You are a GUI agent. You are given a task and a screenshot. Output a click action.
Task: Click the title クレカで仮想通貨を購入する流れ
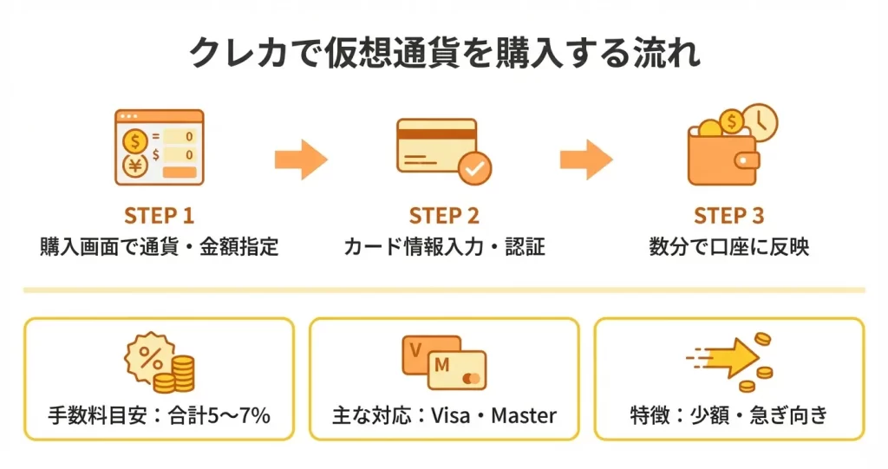tap(444, 54)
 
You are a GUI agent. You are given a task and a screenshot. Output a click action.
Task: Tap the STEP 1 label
tap(159, 216)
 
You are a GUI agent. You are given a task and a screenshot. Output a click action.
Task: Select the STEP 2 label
tap(444, 216)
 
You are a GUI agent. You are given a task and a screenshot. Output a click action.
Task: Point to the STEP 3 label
tap(728, 216)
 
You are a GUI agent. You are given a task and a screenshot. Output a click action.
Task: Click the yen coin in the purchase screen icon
tap(135, 165)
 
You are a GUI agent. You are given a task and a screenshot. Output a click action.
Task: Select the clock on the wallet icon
tap(760, 122)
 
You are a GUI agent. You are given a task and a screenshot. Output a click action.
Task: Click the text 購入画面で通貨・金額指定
tap(159, 246)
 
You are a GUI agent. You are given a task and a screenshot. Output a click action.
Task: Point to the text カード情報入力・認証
tap(444, 246)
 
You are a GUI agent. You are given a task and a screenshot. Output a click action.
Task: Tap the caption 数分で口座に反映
tap(728, 246)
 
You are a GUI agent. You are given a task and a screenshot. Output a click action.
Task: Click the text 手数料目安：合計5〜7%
tap(159, 415)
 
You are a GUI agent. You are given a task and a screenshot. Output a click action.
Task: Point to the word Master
tap(523, 415)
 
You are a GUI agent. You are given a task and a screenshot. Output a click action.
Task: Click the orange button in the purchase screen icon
tap(180, 173)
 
